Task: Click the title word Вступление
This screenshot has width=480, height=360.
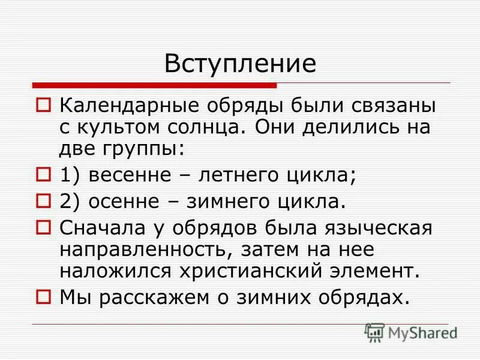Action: coord(240,64)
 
